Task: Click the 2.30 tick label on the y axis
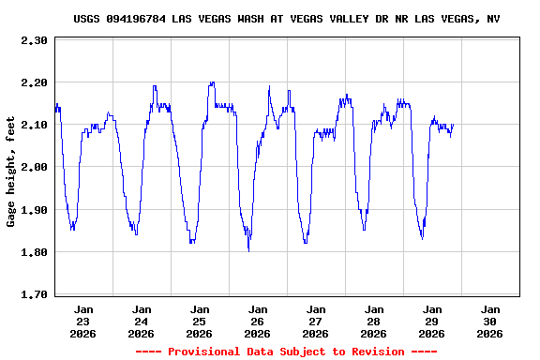[34, 40]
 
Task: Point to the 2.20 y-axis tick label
[34, 82]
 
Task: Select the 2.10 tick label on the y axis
[34, 125]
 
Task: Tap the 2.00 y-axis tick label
[34, 167]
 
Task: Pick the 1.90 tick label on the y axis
[34, 209]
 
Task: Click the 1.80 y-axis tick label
[34, 251]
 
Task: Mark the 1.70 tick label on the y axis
[34, 293]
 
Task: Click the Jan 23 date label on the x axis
[83, 321]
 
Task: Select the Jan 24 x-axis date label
[142, 321]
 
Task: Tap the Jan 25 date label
[200, 321]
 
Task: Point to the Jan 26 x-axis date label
[258, 321]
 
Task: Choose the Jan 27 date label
[316, 321]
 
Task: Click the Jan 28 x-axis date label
[374, 321]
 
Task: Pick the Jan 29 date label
[432, 321]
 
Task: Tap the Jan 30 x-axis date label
[490, 321]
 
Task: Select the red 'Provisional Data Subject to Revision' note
[286, 351]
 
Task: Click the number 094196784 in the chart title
[138, 19]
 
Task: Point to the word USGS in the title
[86, 19]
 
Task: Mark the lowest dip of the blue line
[248, 250]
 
